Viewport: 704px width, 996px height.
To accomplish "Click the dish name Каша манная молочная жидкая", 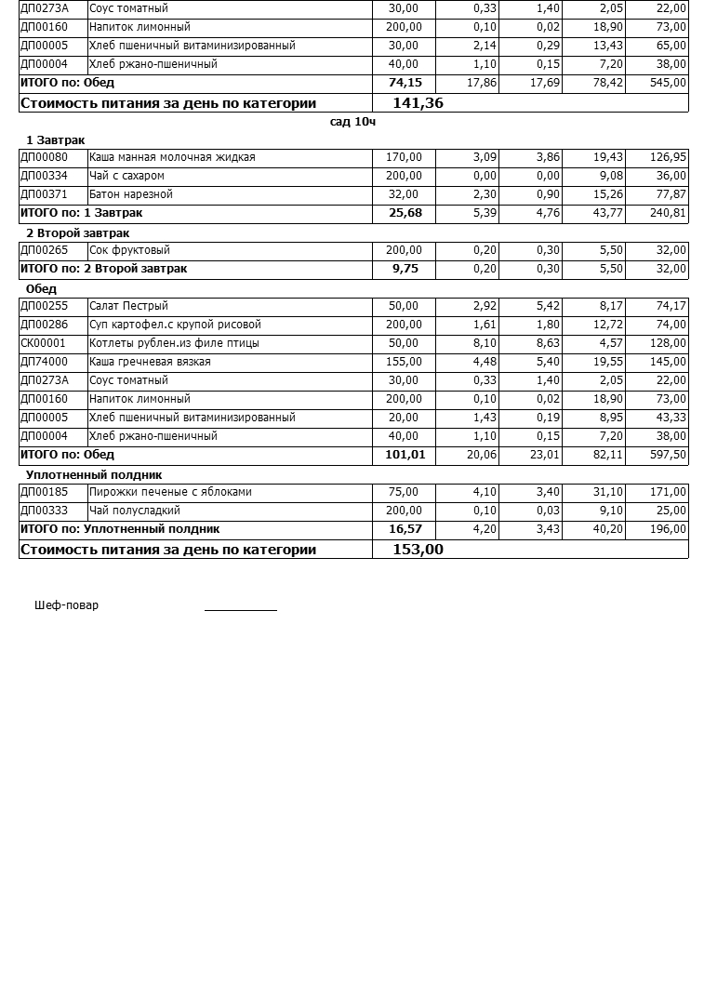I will [x=172, y=157].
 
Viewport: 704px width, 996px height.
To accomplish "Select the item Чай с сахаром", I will [x=126, y=176].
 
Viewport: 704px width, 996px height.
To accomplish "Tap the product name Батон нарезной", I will [x=131, y=194].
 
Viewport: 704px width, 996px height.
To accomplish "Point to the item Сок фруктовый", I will [x=129, y=250].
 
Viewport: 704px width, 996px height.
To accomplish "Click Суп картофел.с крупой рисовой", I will [x=175, y=325].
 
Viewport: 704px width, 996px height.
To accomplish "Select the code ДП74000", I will [x=44, y=362].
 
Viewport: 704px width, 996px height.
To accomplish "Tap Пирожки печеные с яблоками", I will [x=170, y=492].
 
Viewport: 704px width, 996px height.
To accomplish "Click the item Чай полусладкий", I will [x=135, y=511].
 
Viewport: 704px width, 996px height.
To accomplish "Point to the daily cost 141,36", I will [x=418, y=103].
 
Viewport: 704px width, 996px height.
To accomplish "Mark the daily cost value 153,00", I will [x=418, y=550].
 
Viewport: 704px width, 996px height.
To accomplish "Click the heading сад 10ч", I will [x=352, y=122].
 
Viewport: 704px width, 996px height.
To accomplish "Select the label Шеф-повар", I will [x=66, y=605].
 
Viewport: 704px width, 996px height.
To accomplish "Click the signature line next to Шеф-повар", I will [x=241, y=608].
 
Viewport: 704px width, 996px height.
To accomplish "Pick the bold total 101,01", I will [x=404, y=455].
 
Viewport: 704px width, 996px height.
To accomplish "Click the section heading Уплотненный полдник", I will [x=94, y=475].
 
